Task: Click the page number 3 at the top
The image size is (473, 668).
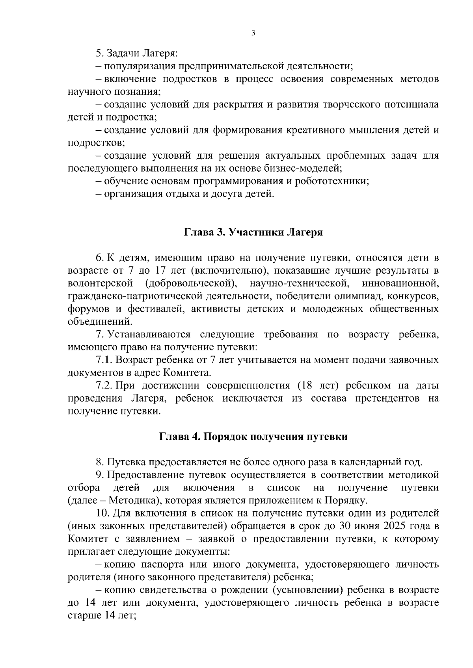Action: click(x=253, y=33)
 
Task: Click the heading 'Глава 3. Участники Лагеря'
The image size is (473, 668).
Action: click(x=253, y=232)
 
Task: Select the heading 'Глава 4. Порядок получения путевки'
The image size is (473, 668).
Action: click(x=253, y=437)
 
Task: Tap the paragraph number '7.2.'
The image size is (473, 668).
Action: click(x=104, y=385)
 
